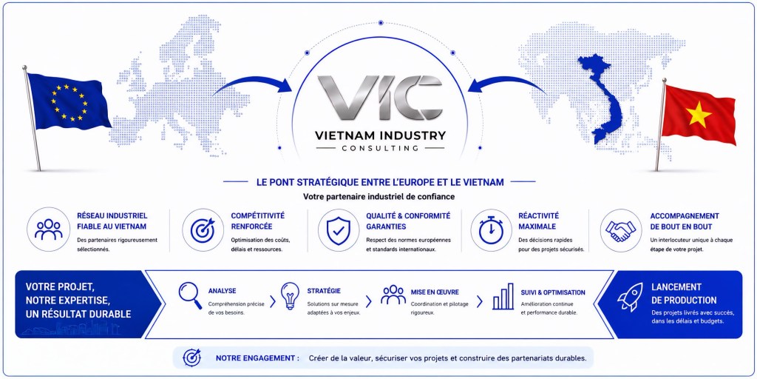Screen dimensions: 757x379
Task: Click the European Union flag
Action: coord(67,101)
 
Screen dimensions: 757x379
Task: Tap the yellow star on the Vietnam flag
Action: coord(699,115)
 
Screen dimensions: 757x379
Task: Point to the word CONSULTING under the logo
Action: coord(381,148)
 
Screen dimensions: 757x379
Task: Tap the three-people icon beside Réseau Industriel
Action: coord(48,229)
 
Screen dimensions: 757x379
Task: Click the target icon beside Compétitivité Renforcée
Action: coord(203,230)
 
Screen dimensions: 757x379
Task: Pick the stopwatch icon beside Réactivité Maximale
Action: coord(491,229)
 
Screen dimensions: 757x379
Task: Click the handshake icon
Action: coord(620,231)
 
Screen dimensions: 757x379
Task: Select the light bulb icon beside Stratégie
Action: coord(290,296)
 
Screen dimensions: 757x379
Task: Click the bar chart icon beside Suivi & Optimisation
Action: coord(503,296)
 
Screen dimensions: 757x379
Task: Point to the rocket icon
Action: coord(630,297)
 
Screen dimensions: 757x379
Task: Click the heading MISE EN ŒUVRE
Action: coord(435,292)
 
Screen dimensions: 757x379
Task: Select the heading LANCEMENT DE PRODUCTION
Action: coord(684,293)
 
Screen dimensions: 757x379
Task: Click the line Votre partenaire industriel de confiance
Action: coord(379,197)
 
